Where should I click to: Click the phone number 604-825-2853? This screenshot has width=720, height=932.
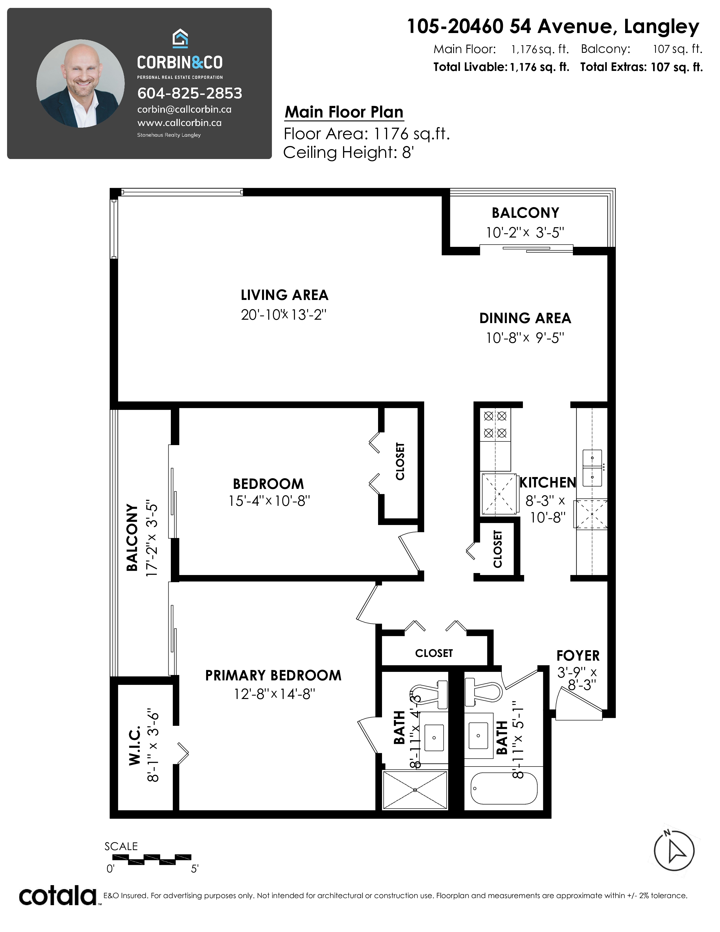pyautogui.click(x=189, y=93)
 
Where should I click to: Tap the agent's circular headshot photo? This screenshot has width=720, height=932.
pyautogui.click(x=81, y=84)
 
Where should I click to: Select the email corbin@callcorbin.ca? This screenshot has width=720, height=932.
pyautogui.click(x=184, y=109)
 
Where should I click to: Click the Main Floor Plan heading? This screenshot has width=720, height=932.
pyautogui.click(x=344, y=112)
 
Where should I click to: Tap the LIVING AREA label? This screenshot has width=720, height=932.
pyautogui.click(x=285, y=295)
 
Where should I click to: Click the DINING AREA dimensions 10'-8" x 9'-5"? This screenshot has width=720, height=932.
pyautogui.click(x=525, y=338)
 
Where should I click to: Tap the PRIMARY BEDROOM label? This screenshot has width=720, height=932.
pyautogui.click(x=273, y=676)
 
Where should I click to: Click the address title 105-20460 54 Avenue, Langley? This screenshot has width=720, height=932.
pyautogui.click(x=553, y=27)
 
